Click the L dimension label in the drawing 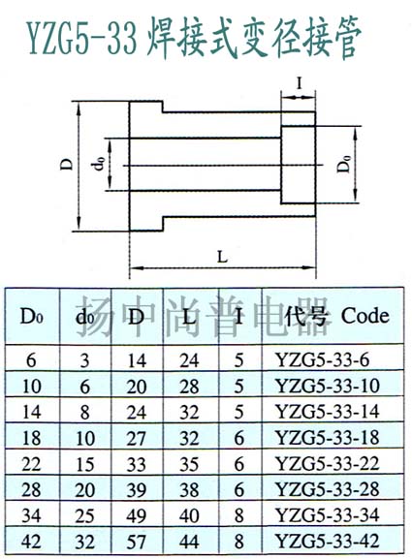pyautogui.click(x=222, y=257)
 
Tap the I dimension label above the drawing pyautogui.click(x=300, y=83)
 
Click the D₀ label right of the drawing pyautogui.click(x=344, y=165)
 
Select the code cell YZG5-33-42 pyautogui.click(x=327, y=541)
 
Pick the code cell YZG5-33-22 pyautogui.click(x=327, y=463)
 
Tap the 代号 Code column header pyautogui.click(x=336, y=316)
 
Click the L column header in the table pyautogui.click(x=189, y=317)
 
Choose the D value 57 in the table pyautogui.click(x=137, y=542)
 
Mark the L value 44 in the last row pyautogui.click(x=189, y=542)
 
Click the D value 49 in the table pyautogui.click(x=137, y=515)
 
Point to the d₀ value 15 pyautogui.click(x=85, y=464)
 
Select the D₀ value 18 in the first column pyautogui.click(x=31, y=438)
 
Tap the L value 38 pyautogui.click(x=189, y=489)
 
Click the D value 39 pyautogui.click(x=137, y=489)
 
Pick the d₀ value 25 pyautogui.click(x=85, y=515)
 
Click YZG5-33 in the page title pyautogui.click(x=81, y=38)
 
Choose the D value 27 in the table pyautogui.click(x=137, y=438)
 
